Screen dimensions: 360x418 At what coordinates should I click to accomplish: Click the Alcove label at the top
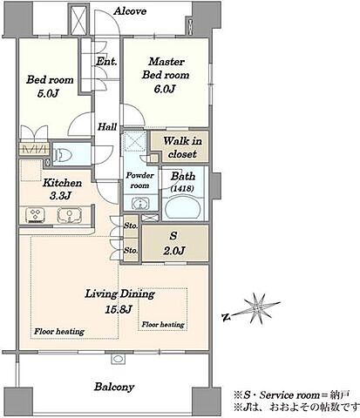(x=130, y=11)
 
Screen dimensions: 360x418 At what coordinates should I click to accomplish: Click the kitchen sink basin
(x=70, y=215)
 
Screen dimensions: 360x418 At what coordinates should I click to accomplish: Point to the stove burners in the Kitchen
(x=36, y=214)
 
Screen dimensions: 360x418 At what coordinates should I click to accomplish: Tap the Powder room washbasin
(x=140, y=203)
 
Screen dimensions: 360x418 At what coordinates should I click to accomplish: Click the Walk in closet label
(x=182, y=147)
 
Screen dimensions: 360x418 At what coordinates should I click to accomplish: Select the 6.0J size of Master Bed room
(x=165, y=89)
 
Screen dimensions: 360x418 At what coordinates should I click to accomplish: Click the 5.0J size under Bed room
(x=48, y=93)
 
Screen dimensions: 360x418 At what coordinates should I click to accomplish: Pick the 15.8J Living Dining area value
(x=119, y=310)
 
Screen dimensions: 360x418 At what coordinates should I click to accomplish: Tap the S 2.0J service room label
(x=173, y=243)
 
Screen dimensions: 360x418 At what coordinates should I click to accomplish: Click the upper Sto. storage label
(x=131, y=226)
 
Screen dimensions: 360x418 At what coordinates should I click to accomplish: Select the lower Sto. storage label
(x=131, y=250)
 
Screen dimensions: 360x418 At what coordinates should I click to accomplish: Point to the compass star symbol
(x=257, y=308)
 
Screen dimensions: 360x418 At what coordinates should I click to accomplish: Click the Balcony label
(x=114, y=387)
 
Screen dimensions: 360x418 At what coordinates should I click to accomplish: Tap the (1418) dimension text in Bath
(x=182, y=188)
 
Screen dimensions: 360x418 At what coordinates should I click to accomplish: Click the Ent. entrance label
(x=106, y=61)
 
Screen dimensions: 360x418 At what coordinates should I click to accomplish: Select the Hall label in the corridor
(x=107, y=127)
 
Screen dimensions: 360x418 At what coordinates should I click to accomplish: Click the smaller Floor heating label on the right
(x=163, y=325)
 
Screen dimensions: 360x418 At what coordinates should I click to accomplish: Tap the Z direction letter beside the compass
(x=226, y=317)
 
